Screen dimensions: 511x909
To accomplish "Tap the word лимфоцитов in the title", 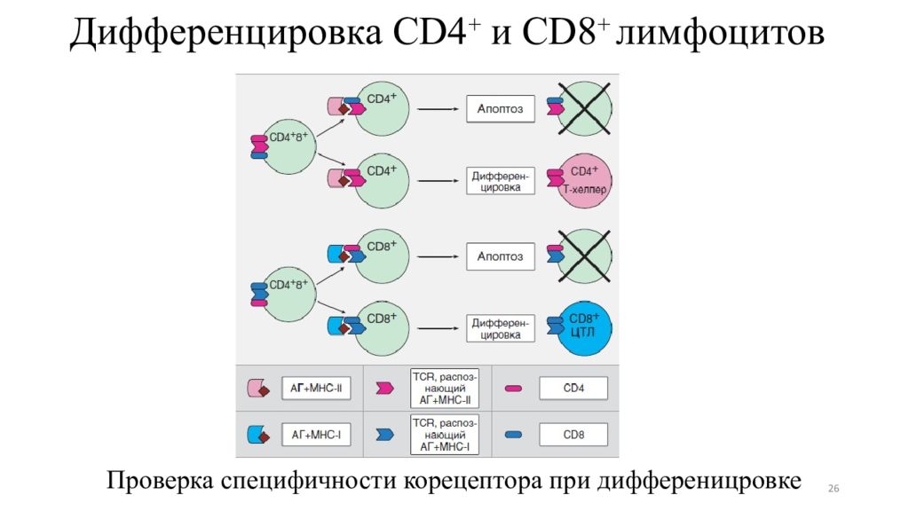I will [x=720, y=37].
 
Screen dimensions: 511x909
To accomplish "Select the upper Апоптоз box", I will [x=501, y=109].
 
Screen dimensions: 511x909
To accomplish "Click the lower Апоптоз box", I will [x=501, y=256].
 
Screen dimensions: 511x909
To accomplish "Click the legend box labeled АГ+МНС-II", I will [x=317, y=389].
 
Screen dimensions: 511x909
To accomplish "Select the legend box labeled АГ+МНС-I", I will [x=317, y=435].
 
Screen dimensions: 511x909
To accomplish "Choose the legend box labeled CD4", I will [x=573, y=389].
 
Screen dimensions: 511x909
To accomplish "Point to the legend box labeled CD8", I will [x=573, y=435].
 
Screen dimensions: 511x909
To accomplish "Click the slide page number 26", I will [x=833, y=489].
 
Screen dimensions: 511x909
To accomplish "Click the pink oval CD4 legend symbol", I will [x=513, y=389].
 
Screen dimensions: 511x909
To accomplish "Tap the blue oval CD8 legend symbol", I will [x=513, y=435].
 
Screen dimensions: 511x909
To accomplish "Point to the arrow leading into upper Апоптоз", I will [x=437, y=109].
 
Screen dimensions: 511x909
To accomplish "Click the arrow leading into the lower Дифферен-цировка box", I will [x=437, y=327].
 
